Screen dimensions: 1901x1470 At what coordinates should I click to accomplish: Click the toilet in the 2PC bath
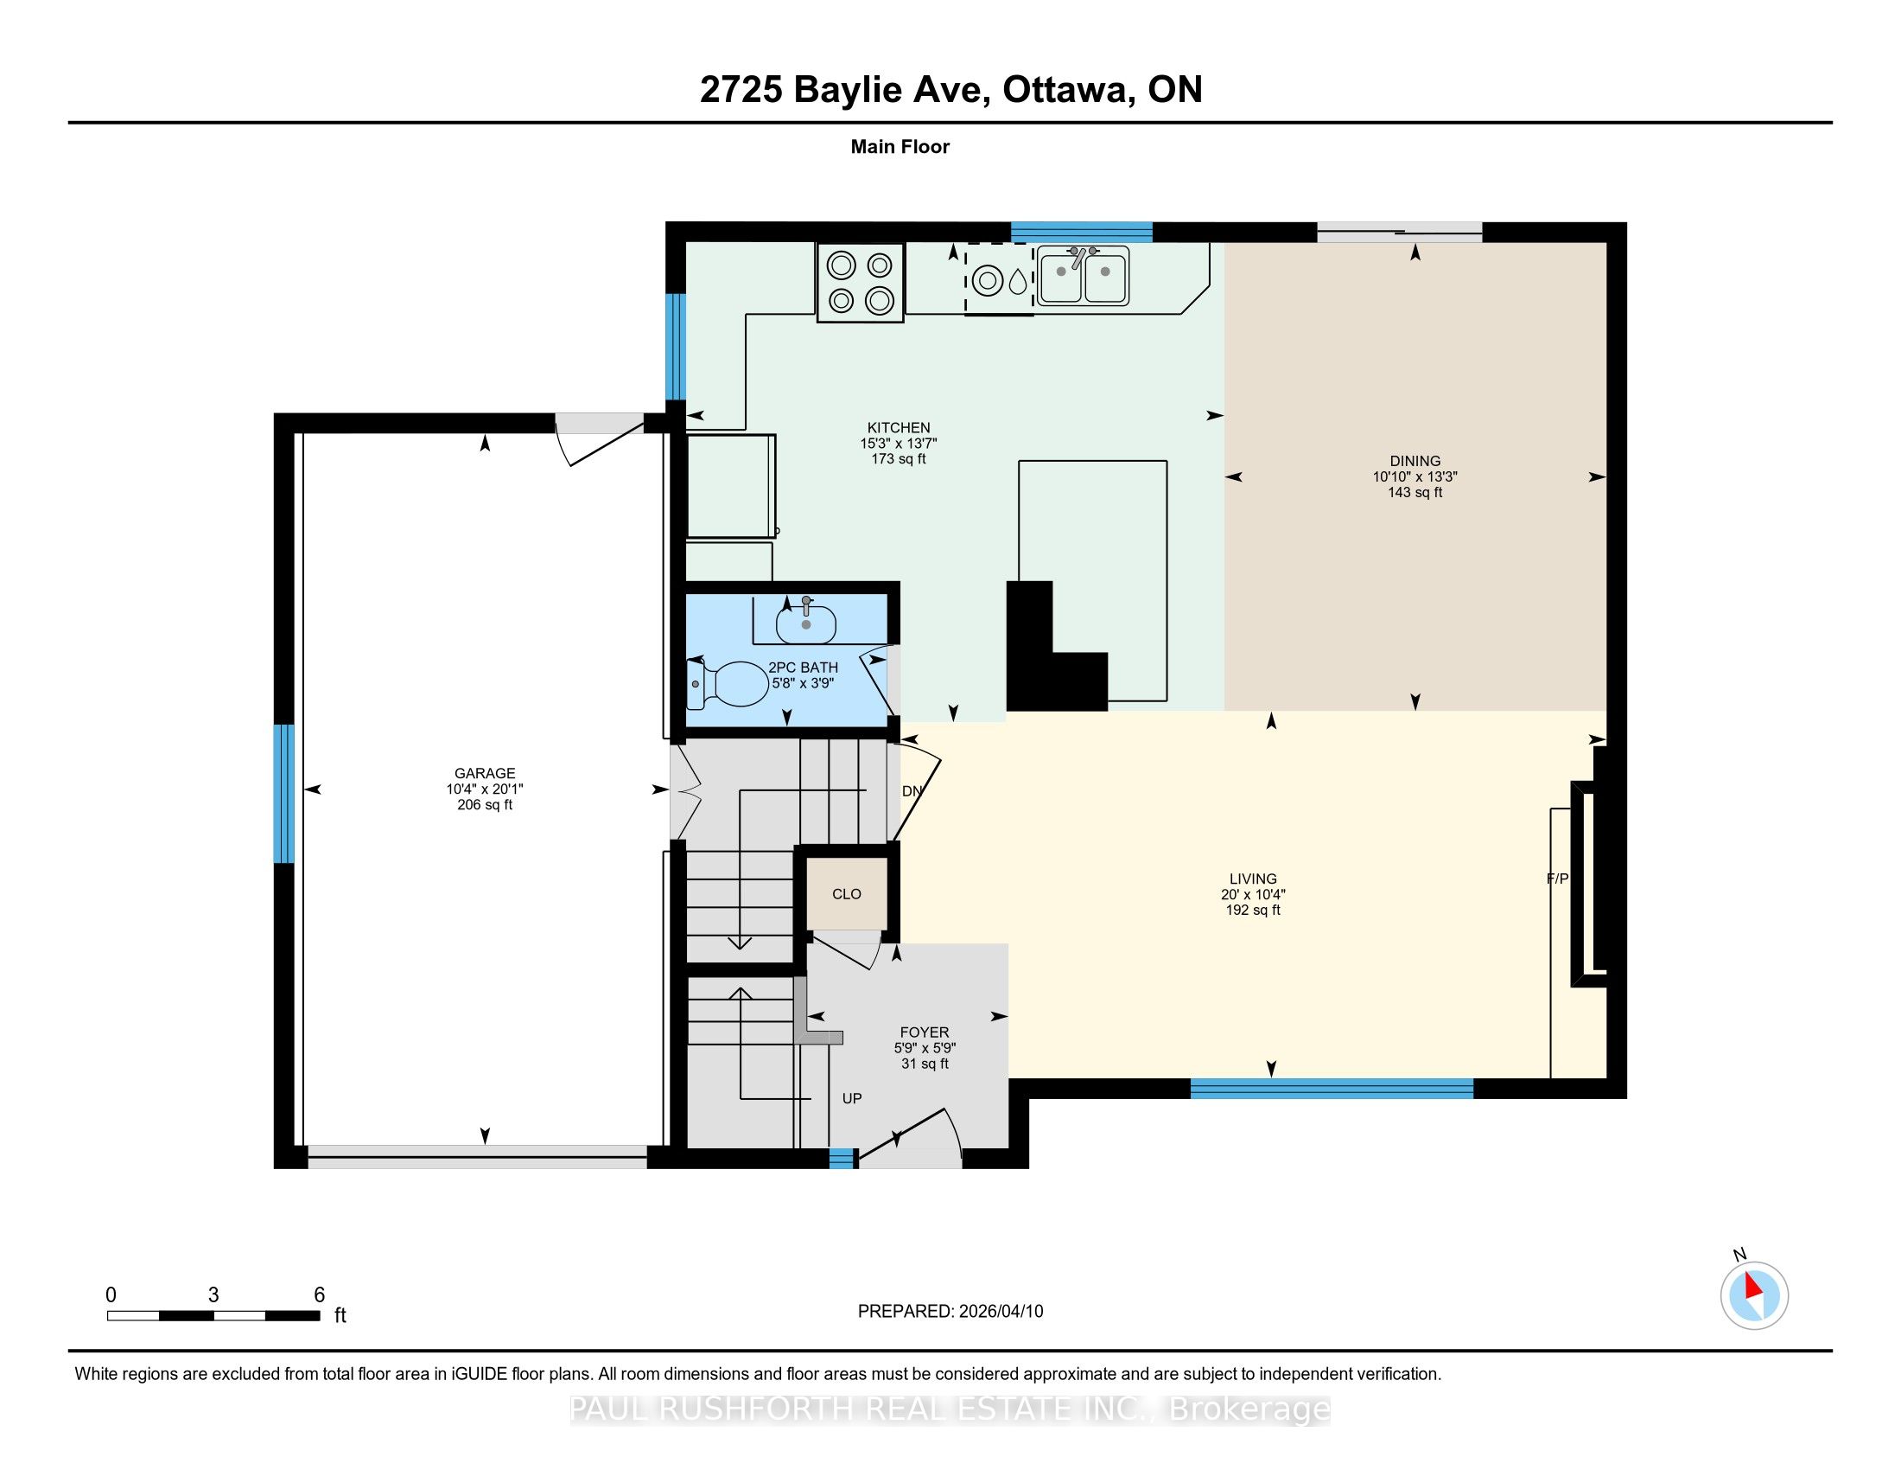723,685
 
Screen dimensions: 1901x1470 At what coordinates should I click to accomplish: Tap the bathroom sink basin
806,623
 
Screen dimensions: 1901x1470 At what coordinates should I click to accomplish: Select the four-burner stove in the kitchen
860,282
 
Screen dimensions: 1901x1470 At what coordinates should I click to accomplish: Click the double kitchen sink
1083,275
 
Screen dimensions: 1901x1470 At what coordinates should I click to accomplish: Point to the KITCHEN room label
899,427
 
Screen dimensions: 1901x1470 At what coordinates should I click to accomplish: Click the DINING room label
1415,461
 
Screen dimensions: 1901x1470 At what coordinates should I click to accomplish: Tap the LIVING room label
1253,879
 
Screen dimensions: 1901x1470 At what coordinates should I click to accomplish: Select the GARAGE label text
485,773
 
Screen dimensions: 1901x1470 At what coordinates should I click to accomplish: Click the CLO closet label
846,894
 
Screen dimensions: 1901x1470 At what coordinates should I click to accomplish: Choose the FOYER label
925,1032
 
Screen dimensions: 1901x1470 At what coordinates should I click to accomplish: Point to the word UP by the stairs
852,1099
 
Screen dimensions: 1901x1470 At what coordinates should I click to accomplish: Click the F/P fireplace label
1557,879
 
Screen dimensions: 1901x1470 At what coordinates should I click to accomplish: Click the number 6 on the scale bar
320,1295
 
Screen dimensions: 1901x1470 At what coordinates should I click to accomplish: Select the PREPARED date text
950,1312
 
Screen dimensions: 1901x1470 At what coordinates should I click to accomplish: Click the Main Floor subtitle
900,146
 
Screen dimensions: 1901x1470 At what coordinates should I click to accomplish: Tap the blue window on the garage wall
283,793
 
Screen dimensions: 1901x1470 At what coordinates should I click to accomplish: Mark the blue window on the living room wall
1332,1089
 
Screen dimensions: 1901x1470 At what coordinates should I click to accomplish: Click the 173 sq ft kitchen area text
899,459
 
